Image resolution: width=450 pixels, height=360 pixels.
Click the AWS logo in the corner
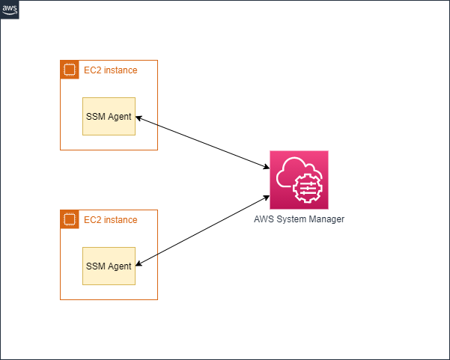(x=10, y=10)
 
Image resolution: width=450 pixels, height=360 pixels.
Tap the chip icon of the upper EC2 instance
(x=70, y=70)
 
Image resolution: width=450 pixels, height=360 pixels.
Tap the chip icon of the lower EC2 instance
(x=70, y=219)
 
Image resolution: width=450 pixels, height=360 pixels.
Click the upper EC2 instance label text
(x=111, y=70)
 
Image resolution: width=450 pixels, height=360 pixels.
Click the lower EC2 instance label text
(x=111, y=220)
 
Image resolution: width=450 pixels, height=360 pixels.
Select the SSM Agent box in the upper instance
(x=109, y=116)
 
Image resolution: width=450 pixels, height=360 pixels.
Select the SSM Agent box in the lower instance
(x=109, y=266)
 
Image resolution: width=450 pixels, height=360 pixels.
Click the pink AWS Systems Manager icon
(x=299, y=180)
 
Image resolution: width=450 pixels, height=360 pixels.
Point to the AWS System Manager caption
(x=299, y=219)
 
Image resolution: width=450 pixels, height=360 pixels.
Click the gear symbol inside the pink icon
(x=308, y=189)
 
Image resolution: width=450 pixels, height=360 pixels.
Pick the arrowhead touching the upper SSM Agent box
(x=139, y=118)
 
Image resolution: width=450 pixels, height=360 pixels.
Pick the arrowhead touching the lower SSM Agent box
(x=139, y=264)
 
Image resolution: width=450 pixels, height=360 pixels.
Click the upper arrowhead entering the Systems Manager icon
(x=267, y=167)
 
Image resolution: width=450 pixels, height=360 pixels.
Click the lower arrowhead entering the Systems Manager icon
(x=267, y=198)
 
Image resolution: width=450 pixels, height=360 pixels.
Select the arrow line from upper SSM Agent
(x=203, y=142)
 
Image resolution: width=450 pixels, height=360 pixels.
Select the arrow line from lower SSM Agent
(x=203, y=231)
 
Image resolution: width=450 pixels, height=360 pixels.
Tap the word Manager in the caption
(x=326, y=219)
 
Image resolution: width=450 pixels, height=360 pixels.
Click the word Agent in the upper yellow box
(x=120, y=117)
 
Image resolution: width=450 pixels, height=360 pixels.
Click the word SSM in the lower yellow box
(x=96, y=266)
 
